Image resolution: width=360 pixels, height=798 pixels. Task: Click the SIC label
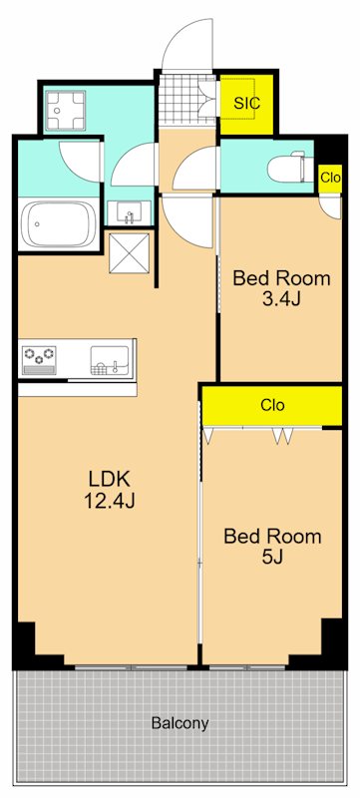[x=247, y=103]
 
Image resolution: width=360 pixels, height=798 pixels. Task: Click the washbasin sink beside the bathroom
[x=130, y=212]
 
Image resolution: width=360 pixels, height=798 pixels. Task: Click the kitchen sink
[x=110, y=360]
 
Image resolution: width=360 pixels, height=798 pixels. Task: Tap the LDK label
[x=110, y=479]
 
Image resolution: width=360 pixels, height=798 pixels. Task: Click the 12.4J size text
[x=110, y=502]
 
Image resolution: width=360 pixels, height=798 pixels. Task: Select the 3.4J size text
[x=281, y=299]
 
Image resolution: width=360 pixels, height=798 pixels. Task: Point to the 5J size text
[x=272, y=557]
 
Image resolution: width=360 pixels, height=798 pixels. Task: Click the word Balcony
[x=180, y=723]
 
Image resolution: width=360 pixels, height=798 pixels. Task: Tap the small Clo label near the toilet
[x=330, y=179]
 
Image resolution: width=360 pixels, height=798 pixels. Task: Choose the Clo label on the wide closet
[x=272, y=405]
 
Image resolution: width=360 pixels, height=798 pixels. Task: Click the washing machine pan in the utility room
[x=64, y=110]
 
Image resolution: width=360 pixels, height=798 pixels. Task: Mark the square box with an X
[x=130, y=253]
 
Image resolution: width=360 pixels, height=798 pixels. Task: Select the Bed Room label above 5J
[x=272, y=536]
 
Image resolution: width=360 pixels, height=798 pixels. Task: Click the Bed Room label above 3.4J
[x=281, y=278]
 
